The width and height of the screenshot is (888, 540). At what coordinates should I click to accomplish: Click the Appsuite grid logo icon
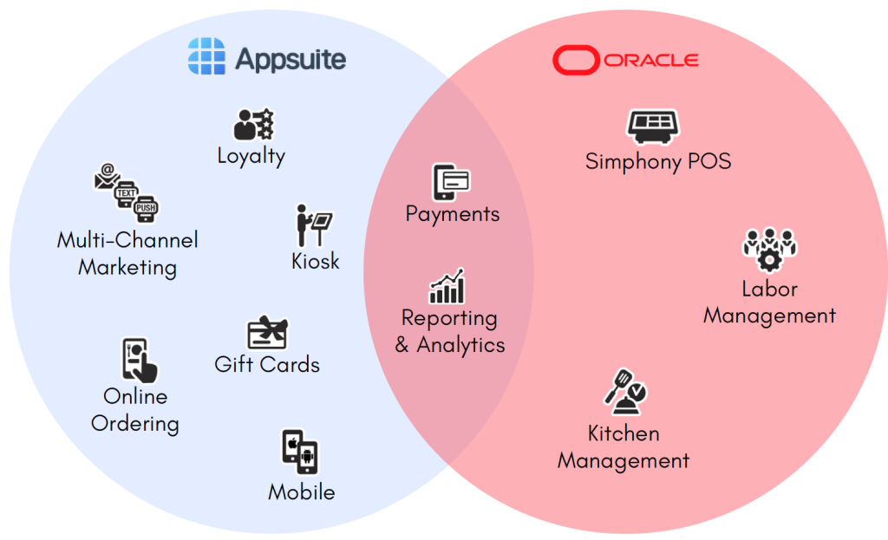click(x=206, y=58)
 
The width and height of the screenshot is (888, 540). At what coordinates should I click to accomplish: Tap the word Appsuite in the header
click(x=291, y=59)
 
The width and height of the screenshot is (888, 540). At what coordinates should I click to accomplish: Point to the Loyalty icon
click(x=254, y=125)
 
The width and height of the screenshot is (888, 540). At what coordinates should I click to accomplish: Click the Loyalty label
click(x=251, y=156)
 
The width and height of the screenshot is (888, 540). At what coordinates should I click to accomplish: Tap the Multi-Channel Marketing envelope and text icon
click(x=127, y=194)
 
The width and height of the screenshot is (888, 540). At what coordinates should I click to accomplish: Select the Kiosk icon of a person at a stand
click(x=311, y=225)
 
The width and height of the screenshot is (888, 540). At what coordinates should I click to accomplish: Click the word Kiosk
click(x=316, y=261)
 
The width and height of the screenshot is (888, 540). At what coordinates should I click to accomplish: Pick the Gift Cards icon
click(x=267, y=333)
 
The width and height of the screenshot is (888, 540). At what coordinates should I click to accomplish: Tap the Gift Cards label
click(x=267, y=365)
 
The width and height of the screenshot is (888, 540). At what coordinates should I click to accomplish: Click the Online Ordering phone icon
click(x=139, y=361)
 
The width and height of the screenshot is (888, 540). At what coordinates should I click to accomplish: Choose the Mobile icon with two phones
click(x=300, y=452)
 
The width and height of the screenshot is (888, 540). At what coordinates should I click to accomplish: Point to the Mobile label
click(x=301, y=492)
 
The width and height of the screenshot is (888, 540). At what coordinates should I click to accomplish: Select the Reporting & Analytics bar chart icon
click(x=447, y=286)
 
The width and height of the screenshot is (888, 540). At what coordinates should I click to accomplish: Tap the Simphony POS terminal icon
click(x=652, y=127)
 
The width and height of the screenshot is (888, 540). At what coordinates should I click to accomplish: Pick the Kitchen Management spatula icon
click(x=626, y=392)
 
